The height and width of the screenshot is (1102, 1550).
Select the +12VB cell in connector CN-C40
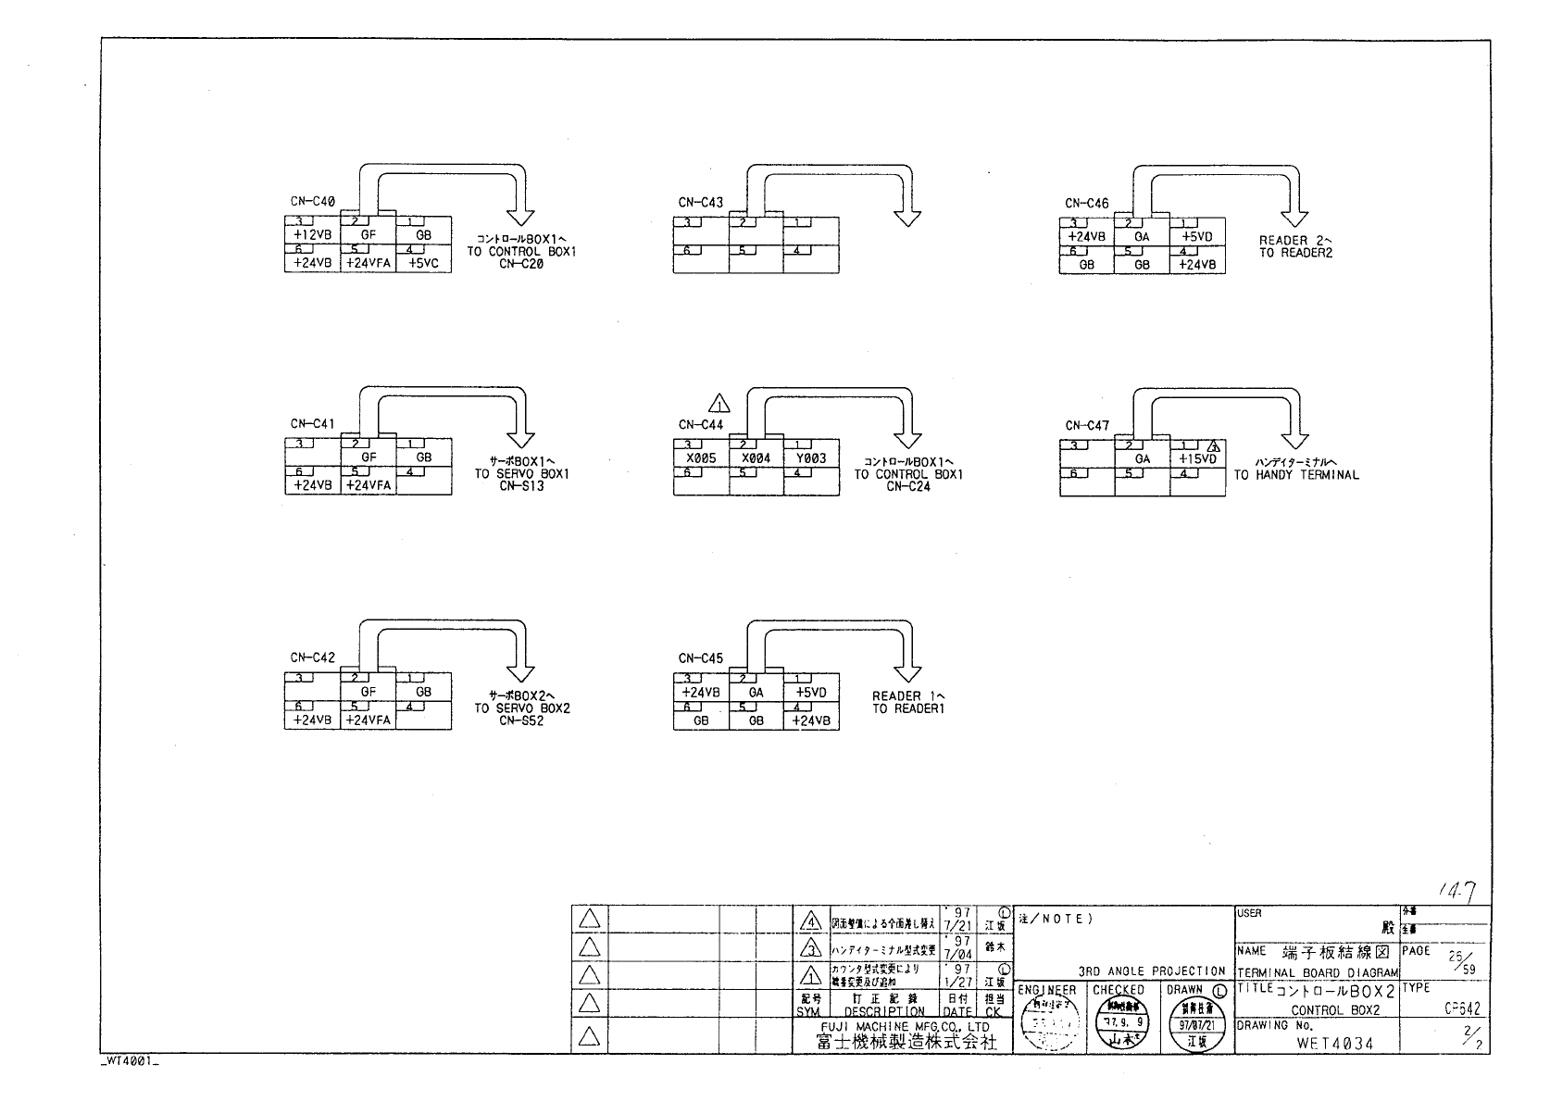pos(312,236)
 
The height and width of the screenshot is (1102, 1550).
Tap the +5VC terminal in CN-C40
pos(424,263)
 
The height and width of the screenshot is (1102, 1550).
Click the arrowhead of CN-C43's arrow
pos(908,218)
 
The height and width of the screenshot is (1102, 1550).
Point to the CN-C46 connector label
pos(1087,203)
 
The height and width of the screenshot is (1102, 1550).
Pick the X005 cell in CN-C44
pos(701,458)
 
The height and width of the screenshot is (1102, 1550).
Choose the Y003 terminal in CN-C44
pos(811,458)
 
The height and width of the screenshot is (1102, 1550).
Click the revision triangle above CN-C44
pos(719,404)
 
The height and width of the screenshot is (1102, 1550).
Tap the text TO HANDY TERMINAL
pos(1296,475)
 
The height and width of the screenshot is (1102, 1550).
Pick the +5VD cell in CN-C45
pos(811,693)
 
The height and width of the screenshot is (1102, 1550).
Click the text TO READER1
pos(908,709)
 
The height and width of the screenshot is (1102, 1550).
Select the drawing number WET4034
pos(1334,1043)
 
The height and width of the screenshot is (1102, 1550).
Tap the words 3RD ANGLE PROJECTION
pos(1152,971)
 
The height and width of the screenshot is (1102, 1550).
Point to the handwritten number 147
pos(1458,891)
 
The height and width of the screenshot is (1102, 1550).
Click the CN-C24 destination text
pos(908,486)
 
